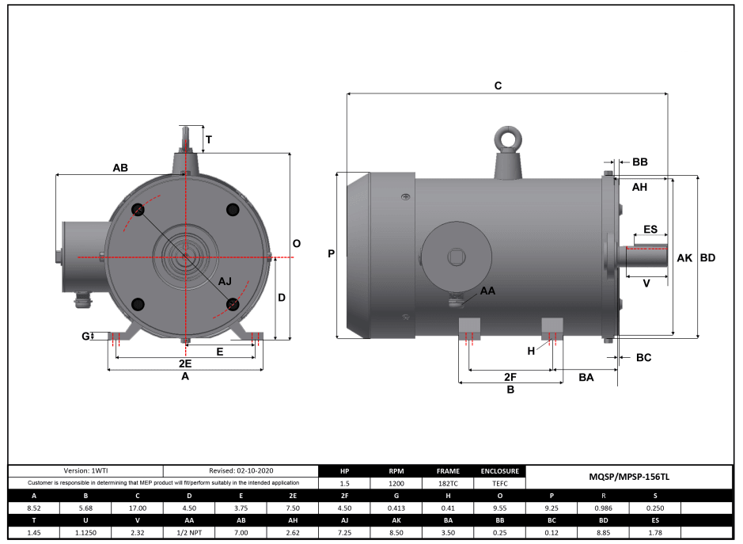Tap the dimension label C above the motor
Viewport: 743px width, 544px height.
498,85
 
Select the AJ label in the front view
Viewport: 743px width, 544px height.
225,281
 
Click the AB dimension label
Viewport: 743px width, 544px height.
120,168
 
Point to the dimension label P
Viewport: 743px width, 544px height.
332,254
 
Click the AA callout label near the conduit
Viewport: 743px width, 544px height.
488,291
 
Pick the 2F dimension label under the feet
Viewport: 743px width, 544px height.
510,376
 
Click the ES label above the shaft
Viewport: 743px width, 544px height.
650,229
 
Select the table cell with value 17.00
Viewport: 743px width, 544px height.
137,508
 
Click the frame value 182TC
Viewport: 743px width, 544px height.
448,482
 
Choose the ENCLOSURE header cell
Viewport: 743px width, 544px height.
500,470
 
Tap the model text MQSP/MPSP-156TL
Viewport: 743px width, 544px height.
629,477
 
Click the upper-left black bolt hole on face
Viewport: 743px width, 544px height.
138,209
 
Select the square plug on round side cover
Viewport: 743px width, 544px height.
457,255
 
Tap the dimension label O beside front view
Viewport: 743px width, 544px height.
296,244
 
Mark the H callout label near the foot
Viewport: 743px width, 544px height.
532,351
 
